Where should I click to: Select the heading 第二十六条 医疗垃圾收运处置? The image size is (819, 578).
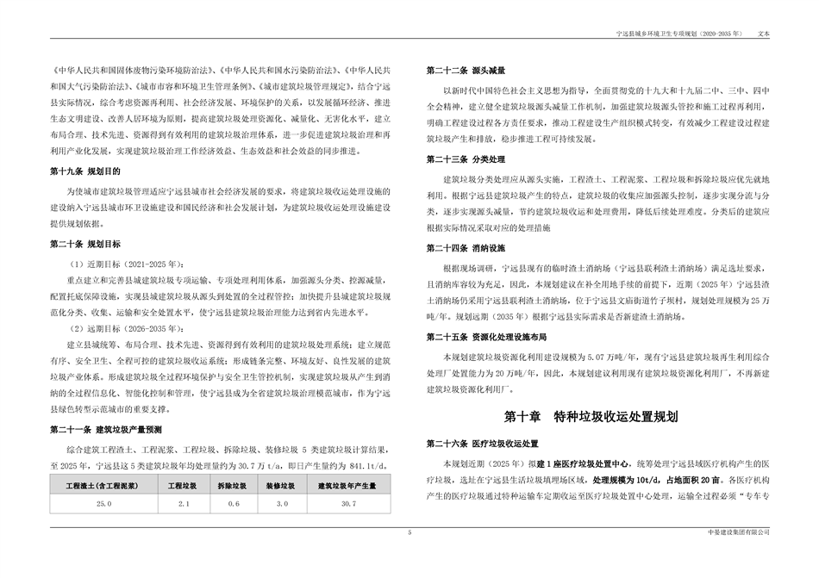coord(482,443)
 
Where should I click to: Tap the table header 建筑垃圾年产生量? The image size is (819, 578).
coord(348,486)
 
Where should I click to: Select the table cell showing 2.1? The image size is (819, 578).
coord(183,502)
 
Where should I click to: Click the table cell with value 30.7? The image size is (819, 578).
coord(348,502)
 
